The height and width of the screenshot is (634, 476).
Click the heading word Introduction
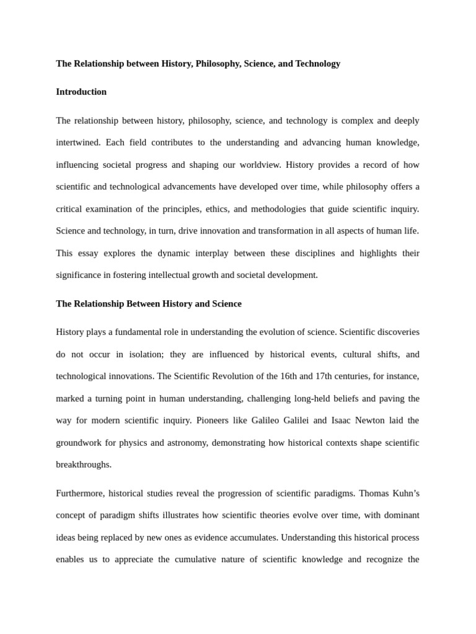[x=81, y=92]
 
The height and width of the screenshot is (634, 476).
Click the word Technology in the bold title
[x=318, y=63]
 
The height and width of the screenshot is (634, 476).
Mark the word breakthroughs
[x=84, y=464]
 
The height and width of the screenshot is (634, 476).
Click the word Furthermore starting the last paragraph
[x=81, y=493]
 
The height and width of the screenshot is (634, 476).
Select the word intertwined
[x=77, y=142]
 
